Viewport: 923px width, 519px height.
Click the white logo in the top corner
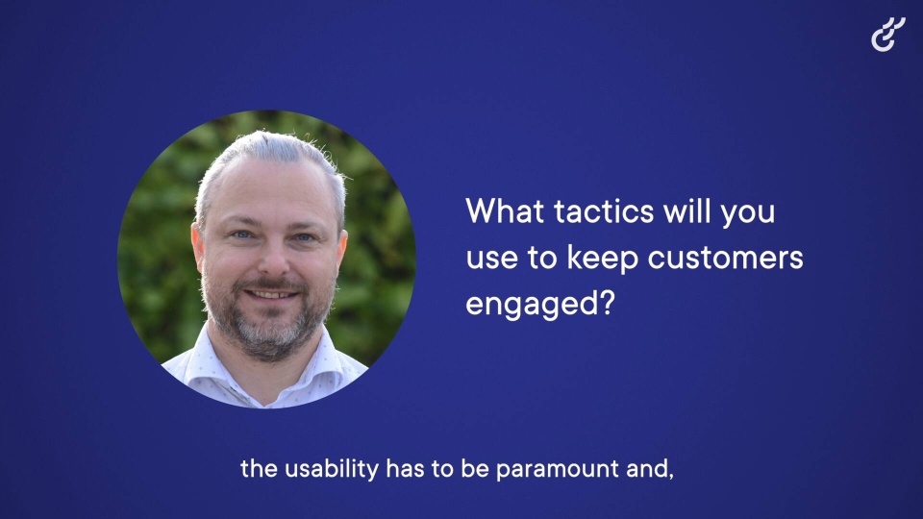click(887, 35)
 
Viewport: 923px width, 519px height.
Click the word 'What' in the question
click(505, 210)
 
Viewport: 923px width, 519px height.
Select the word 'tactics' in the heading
click(604, 211)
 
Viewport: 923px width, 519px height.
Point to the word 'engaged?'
click(539, 305)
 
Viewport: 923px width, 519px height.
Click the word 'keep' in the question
click(602, 259)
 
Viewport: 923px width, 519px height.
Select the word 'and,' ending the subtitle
click(649, 470)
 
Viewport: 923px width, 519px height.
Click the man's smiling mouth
click(271, 294)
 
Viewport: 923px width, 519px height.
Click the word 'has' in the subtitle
click(406, 469)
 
